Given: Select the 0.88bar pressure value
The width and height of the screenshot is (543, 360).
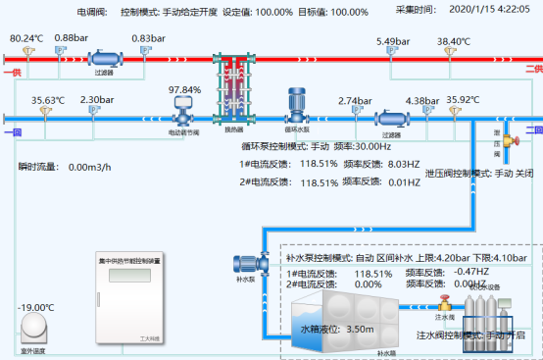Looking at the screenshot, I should (x=72, y=37).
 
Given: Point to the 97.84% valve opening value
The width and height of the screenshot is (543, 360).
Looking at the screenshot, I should (x=185, y=89).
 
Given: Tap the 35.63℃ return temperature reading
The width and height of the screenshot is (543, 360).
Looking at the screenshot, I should (x=47, y=100).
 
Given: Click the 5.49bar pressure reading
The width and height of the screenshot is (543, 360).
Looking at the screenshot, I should (x=392, y=41).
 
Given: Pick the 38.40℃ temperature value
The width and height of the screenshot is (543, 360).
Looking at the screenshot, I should (x=454, y=41).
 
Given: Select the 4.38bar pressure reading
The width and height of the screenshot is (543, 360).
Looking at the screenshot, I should (x=421, y=100).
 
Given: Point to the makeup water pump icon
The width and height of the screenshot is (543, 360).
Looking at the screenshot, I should (x=245, y=264).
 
